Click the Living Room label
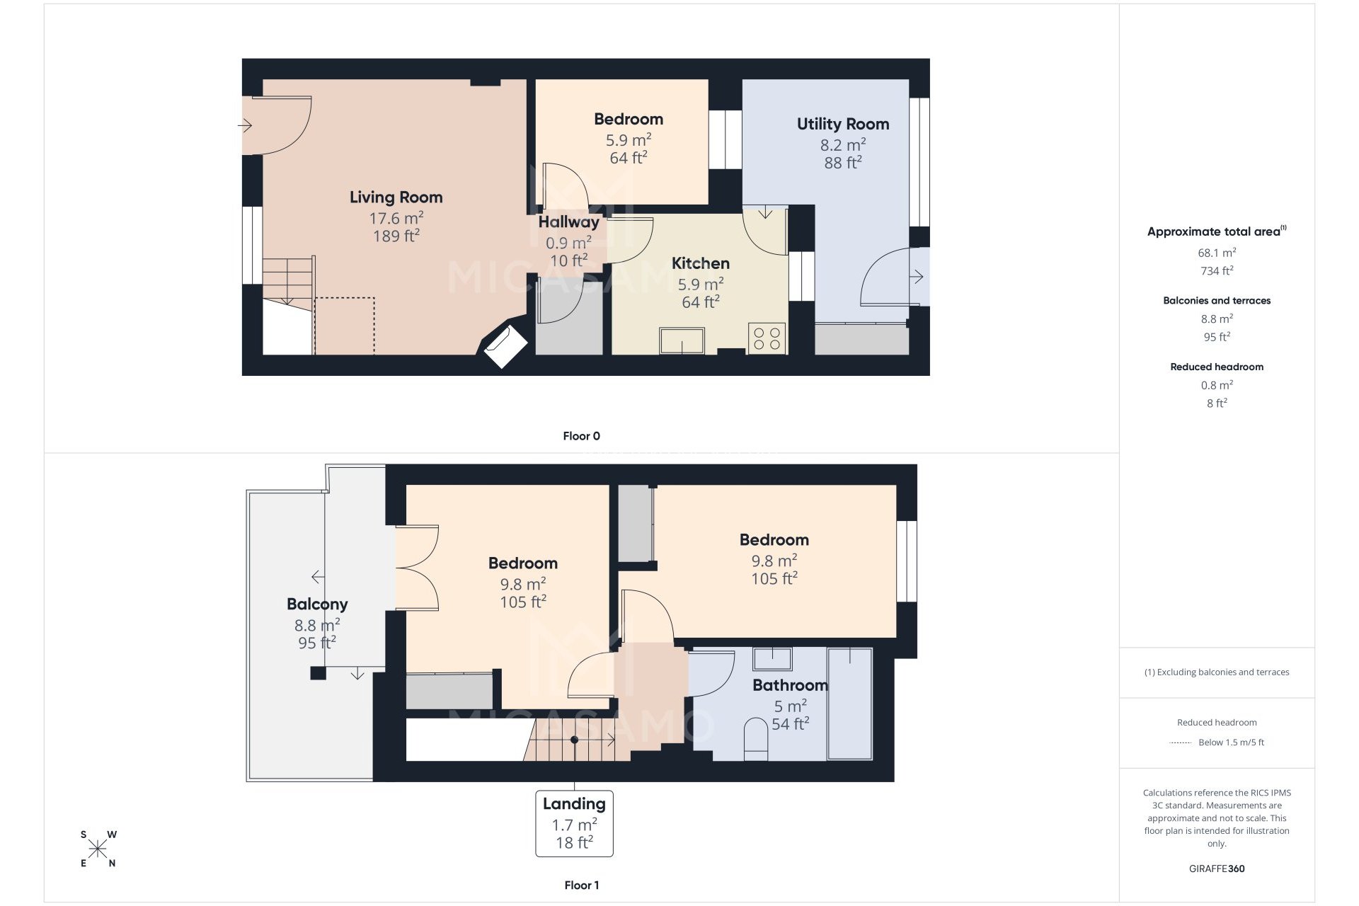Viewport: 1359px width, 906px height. point(396,197)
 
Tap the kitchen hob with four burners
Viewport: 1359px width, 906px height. point(767,338)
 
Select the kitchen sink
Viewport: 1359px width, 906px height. point(682,340)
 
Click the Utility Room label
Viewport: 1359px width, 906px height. point(842,124)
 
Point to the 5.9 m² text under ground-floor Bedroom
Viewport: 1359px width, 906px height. point(628,140)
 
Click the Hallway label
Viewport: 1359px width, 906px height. point(568,222)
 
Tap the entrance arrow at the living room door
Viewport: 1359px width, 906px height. point(245,126)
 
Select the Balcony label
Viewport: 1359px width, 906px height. point(317,604)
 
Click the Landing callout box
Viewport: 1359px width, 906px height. point(574,823)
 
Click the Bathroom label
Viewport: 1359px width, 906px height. point(790,685)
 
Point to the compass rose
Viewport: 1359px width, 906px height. point(98,849)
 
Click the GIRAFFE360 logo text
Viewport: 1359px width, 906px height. point(1216,868)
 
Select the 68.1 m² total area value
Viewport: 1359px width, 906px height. point(1216,253)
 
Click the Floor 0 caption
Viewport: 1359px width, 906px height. point(581,436)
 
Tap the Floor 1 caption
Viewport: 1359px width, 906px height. point(581,885)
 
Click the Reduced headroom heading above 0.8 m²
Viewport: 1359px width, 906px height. point(1216,367)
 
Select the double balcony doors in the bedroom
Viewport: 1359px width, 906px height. point(417,568)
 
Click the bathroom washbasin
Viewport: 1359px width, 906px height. point(772,659)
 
